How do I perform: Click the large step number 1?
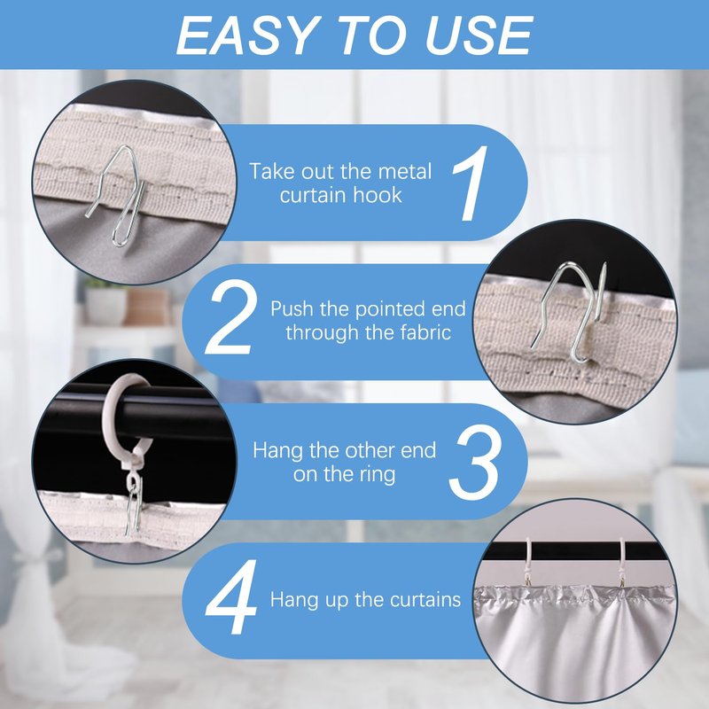tap(470, 183)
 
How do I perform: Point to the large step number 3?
tap(474, 463)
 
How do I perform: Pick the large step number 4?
tap(231, 597)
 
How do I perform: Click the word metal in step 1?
tap(405, 171)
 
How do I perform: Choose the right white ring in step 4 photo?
tap(622, 561)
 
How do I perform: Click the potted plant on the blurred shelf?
tap(105, 300)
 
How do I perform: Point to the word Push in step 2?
tap(292, 308)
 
